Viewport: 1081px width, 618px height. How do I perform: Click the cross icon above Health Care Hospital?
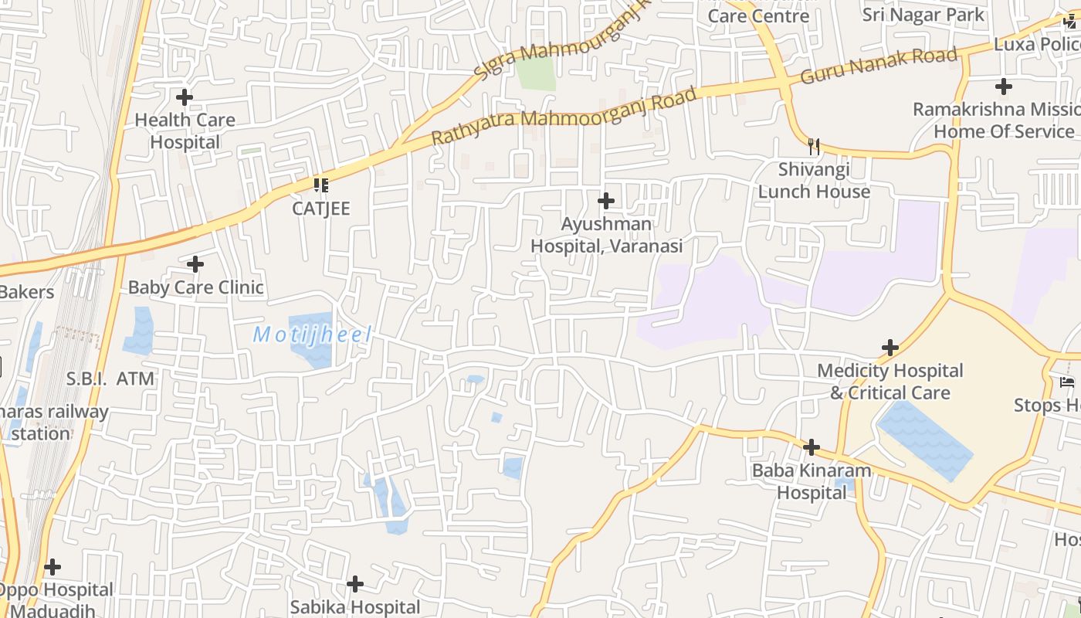(x=185, y=98)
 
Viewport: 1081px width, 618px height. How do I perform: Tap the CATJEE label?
(x=321, y=209)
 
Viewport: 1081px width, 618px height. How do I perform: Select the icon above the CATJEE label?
(x=321, y=185)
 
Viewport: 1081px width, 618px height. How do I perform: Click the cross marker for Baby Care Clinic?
(x=195, y=264)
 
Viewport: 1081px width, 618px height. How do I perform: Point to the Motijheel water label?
(x=313, y=335)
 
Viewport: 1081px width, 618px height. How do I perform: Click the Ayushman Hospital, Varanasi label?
(x=606, y=236)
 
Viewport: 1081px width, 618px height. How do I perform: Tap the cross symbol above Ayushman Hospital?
(x=606, y=202)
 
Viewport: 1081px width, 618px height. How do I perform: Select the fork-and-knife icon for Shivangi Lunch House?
(x=814, y=147)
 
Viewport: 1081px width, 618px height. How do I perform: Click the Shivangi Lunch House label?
(x=814, y=181)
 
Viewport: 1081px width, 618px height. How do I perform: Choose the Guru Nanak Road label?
(x=879, y=66)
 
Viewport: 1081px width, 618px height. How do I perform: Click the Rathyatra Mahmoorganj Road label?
(x=564, y=117)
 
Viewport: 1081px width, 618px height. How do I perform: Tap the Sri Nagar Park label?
(x=923, y=15)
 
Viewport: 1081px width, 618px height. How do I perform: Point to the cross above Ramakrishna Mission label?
(x=1003, y=87)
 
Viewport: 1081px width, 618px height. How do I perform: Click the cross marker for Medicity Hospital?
(x=890, y=348)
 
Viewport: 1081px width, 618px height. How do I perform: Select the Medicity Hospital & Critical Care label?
(x=890, y=382)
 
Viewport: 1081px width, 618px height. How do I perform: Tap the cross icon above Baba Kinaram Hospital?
(x=811, y=447)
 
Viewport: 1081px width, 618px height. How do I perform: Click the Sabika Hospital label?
(x=355, y=607)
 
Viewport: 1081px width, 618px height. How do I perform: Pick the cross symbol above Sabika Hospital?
(x=355, y=583)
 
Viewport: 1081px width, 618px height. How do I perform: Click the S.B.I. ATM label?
(x=110, y=379)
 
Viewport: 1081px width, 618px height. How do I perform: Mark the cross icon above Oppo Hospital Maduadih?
(x=53, y=568)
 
